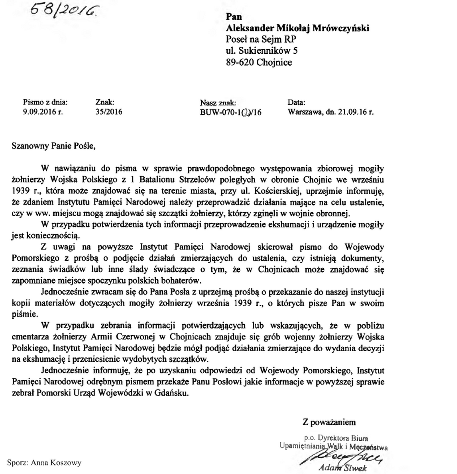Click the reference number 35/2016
point(109,112)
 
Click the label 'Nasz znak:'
point(218,102)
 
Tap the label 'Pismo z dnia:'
point(45,102)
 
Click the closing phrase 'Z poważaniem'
point(329,422)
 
